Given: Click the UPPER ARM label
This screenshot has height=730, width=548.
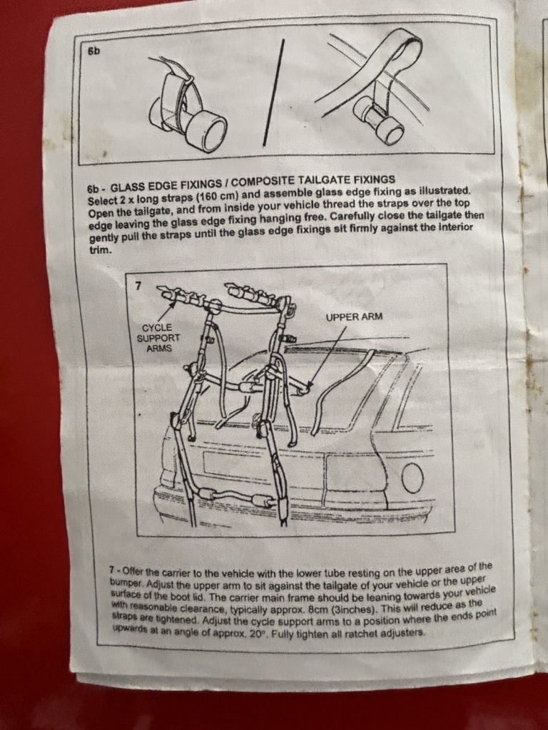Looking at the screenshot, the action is pos(354,317).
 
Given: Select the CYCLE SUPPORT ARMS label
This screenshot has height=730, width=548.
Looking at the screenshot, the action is pos(158,338).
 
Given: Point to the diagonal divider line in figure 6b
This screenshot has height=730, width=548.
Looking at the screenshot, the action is pos(273,93).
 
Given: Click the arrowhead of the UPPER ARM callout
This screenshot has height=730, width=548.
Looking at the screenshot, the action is pos(309,386).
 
